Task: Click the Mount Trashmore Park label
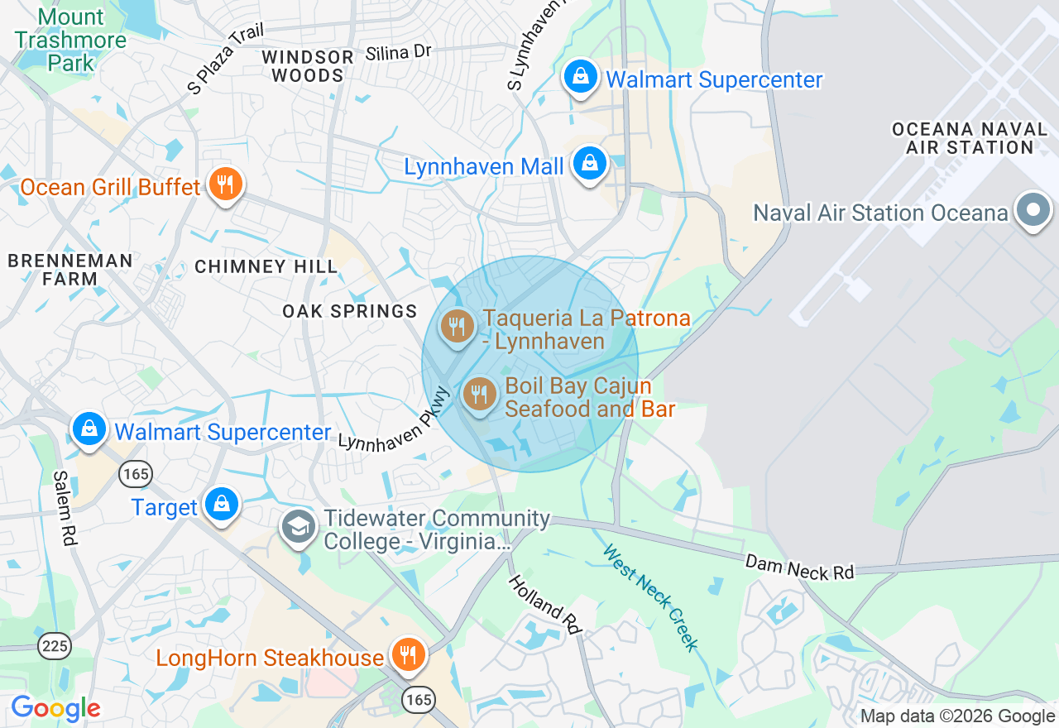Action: [x=70, y=40]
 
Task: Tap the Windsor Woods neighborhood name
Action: [x=308, y=66]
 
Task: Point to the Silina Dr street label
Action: [x=399, y=52]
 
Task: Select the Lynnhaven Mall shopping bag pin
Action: [x=589, y=164]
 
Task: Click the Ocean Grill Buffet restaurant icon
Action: [x=224, y=184]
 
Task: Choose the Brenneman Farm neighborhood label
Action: [x=70, y=270]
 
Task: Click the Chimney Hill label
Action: [x=266, y=266]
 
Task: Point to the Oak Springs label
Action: [x=350, y=311]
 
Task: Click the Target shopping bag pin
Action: [x=221, y=504]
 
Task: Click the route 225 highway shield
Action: [x=55, y=645]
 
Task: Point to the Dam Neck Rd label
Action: [x=799, y=568]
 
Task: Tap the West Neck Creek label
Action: [x=651, y=596]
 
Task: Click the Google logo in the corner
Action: [x=55, y=709]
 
